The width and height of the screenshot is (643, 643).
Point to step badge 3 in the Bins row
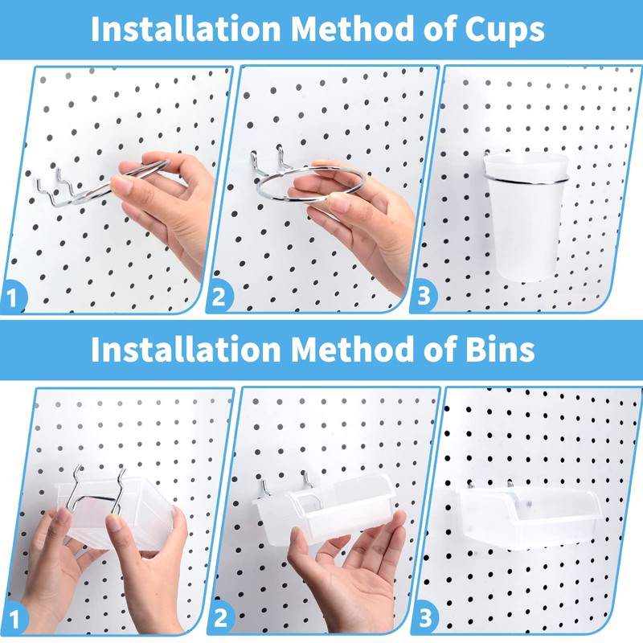click(424, 620)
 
